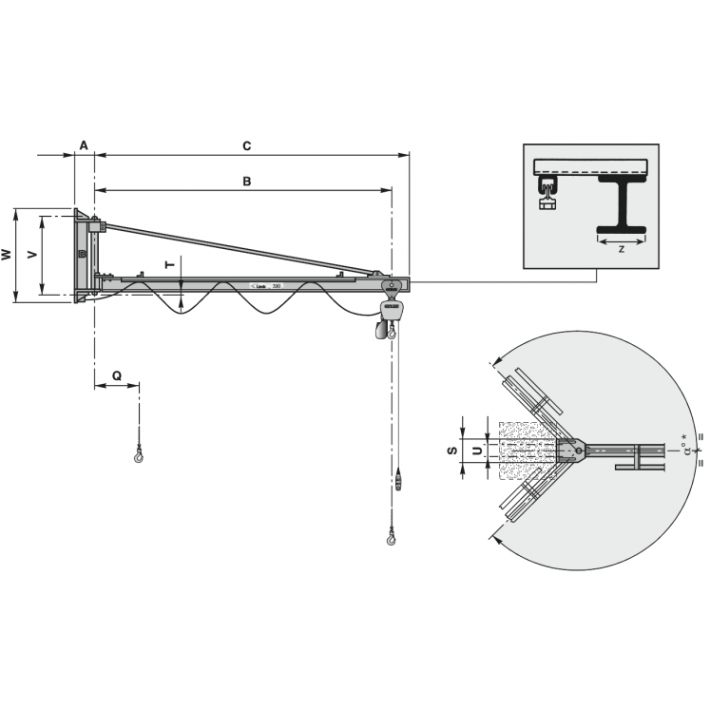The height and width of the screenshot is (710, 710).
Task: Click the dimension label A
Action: (84, 145)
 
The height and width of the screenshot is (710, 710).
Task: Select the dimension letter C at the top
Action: (247, 145)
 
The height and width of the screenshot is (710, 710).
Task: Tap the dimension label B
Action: (246, 181)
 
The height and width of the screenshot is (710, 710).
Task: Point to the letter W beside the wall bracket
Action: (7, 255)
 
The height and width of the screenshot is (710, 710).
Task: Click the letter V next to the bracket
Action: (32, 255)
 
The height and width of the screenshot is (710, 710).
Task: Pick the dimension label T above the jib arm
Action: (170, 265)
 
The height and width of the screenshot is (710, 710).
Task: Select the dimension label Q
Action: (116, 375)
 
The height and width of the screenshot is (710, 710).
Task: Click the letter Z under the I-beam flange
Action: (621, 249)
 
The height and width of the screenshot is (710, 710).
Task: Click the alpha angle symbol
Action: (685, 448)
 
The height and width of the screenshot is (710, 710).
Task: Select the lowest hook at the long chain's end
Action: (392, 540)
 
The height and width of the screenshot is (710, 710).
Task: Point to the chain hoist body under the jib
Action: (390, 309)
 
